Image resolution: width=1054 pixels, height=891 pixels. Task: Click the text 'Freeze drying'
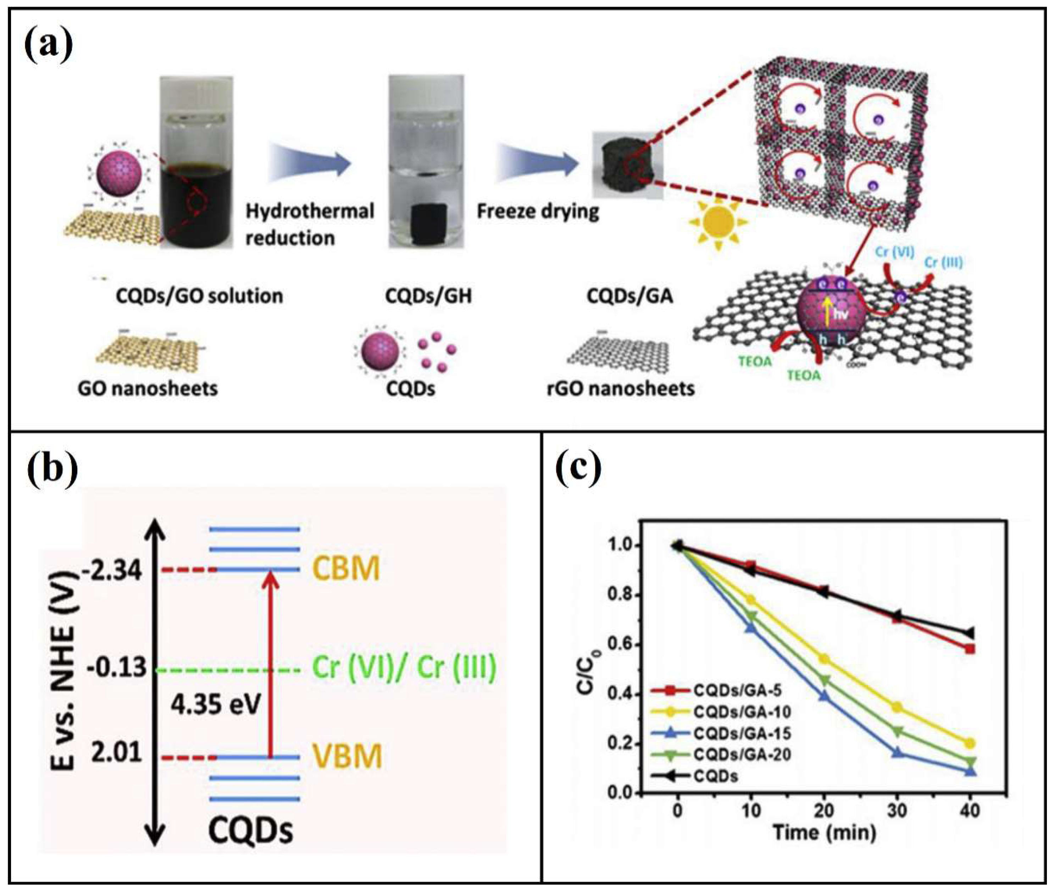point(537,211)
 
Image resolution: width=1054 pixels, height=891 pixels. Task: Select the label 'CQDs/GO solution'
point(199,295)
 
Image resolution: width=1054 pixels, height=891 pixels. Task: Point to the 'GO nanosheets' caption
point(148,388)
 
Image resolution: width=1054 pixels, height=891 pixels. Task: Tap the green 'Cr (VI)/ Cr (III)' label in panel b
point(404,668)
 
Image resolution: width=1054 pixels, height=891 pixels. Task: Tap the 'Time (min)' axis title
point(824,832)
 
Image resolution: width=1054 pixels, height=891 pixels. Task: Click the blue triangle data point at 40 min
point(970,772)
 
